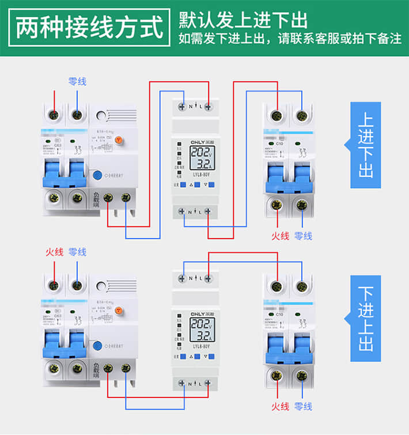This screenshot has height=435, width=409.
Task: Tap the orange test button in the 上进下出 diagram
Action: click(119, 140)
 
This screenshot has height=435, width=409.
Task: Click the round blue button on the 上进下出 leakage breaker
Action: click(98, 177)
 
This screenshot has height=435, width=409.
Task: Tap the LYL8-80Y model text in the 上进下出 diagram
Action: click(196, 172)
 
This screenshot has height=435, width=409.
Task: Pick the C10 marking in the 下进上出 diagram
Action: click(280, 314)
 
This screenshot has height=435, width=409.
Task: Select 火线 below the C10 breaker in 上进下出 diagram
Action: click(280, 236)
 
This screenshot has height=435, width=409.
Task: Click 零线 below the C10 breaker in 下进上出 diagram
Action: click(303, 406)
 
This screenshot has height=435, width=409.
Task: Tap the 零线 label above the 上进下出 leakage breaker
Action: click(77, 82)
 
